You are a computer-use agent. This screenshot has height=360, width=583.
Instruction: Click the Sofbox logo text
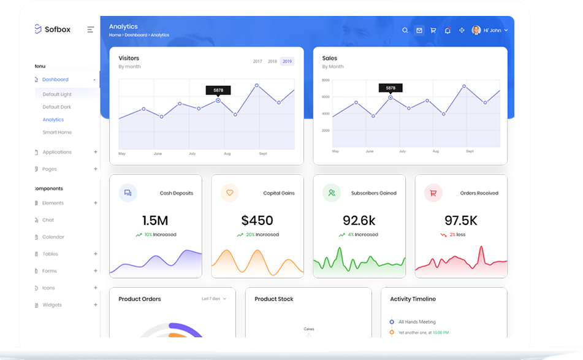[58, 29]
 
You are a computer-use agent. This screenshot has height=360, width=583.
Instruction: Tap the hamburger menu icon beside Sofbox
[91, 29]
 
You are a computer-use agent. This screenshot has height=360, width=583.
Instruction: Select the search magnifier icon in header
[405, 30]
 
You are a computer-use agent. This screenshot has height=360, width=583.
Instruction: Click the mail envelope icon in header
[419, 30]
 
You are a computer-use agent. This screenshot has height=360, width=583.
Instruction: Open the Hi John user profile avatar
[476, 30]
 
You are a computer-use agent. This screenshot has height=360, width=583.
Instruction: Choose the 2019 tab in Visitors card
[287, 61]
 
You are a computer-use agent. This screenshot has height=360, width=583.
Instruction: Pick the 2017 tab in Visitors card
[257, 61]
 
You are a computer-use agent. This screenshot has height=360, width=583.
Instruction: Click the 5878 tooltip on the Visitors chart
[218, 90]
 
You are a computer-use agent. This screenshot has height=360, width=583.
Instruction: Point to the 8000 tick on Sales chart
[326, 80]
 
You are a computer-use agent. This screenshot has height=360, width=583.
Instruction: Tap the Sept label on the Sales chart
[470, 151]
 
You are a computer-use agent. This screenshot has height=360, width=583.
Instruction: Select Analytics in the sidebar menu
[53, 120]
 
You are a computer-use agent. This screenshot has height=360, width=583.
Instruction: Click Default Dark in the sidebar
[57, 107]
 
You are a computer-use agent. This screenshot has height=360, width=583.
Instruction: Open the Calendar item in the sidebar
[53, 237]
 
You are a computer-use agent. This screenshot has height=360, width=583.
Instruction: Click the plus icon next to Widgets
[96, 305]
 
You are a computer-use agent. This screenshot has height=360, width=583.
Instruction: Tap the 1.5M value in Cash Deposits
[155, 220]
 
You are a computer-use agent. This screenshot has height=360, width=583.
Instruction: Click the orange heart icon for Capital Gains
[230, 193]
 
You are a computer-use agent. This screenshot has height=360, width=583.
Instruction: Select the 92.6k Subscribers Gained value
[359, 220]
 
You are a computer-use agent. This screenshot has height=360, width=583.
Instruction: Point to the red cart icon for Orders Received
[433, 193]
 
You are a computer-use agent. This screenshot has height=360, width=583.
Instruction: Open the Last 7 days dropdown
[214, 299]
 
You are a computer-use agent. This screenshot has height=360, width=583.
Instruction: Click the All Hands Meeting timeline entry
[417, 321]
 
